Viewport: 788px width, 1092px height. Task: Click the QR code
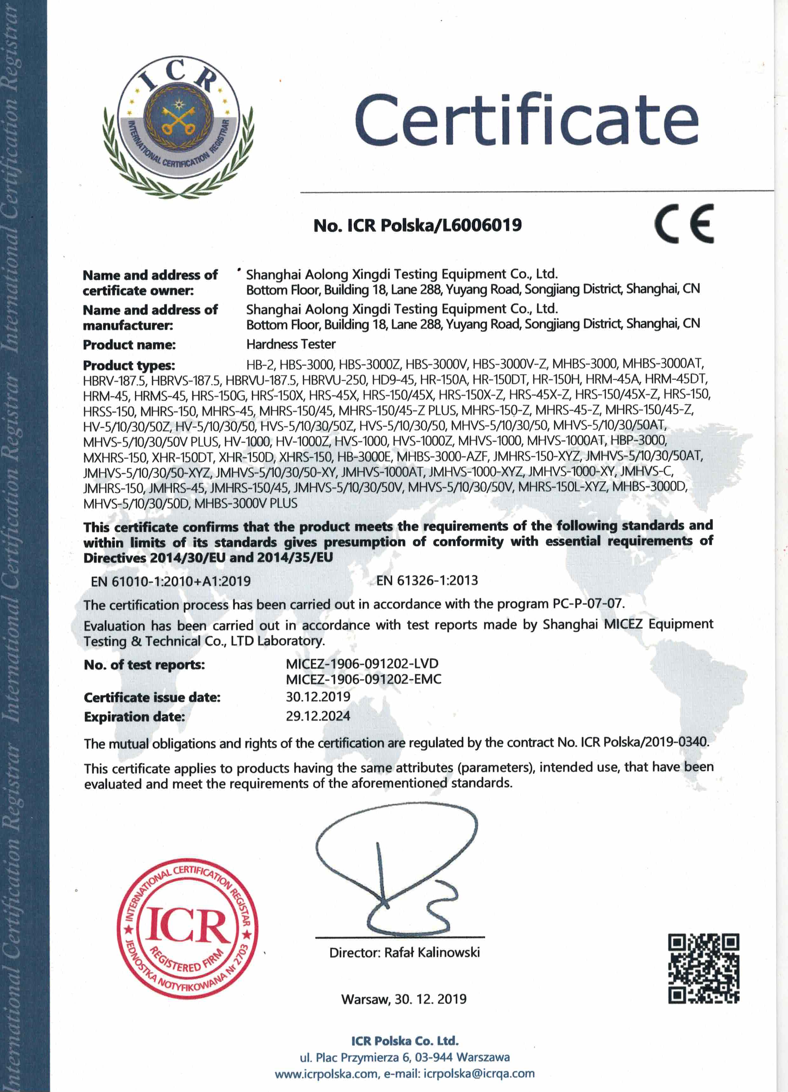tap(703, 968)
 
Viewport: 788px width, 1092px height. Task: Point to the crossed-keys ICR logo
tap(178, 126)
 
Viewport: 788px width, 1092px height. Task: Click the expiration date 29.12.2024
tap(318, 716)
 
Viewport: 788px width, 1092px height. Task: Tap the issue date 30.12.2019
tap(318, 696)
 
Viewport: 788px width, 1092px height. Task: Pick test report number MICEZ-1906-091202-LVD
tap(362, 664)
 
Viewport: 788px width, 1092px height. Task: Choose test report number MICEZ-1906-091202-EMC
tap(363, 679)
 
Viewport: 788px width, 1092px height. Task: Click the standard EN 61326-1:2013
tap(427, 580)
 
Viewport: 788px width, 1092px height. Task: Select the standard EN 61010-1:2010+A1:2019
tap(171, 581)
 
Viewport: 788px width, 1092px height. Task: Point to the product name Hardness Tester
tap(291, 344)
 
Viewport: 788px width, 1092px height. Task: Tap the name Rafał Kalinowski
tap(432, 952)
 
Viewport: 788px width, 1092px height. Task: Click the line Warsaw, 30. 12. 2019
tap(404, 999)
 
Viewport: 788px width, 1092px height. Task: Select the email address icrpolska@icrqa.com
tap(479, 1073)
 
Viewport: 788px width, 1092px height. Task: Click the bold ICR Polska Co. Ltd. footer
tap(404, 1041)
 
